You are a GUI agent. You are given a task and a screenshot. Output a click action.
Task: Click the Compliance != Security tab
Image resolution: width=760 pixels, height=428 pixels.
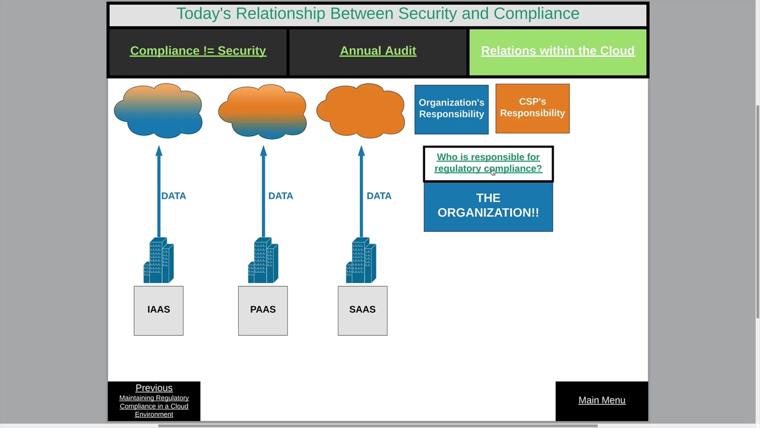[x=198, y=52]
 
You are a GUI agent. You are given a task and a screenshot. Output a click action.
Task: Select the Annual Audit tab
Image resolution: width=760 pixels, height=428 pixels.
[x=378, y=52]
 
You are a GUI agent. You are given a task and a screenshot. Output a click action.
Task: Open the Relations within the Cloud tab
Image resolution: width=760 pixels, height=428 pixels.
[x=558, y=52]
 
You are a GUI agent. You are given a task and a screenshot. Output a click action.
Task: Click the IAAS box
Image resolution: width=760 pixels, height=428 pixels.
[x=159, y=310]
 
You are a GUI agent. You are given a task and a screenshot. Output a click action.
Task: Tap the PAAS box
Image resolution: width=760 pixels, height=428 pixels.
[x=263, y=310]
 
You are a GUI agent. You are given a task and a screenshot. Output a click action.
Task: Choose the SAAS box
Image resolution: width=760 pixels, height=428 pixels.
[x=362, y=310]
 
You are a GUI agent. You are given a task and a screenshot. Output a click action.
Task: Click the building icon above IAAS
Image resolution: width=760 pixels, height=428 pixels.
[x=159, y=260]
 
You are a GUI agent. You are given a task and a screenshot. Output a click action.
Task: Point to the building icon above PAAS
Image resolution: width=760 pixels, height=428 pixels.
[x=263, y=260]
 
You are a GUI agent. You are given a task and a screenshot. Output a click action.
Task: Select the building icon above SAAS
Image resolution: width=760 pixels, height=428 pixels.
[x=361, y=260]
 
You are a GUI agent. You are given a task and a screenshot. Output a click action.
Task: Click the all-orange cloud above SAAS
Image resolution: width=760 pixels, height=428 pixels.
[x=360, y=111]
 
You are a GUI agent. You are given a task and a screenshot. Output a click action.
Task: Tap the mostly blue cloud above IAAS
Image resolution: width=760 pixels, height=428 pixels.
[x=158, y=111]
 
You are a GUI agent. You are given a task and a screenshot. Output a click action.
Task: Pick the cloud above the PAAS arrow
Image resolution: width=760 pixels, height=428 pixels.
[x=262, y=112]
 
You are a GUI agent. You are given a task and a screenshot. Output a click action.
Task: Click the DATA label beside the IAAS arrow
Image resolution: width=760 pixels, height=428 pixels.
[x=173, y=196]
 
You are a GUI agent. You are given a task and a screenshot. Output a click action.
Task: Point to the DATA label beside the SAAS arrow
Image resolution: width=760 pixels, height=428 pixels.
[x=379, y=196]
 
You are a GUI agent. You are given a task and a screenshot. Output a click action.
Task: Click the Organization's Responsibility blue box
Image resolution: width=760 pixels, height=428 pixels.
[x=451, y=109]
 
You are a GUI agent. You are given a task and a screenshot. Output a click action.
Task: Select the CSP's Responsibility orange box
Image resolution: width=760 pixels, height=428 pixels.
[x=533, y=109]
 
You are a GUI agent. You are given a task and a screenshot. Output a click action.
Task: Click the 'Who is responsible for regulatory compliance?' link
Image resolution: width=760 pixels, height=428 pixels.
[x=488, y=163]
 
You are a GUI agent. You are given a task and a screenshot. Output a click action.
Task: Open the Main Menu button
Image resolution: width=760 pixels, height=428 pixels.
[x=602, y=400]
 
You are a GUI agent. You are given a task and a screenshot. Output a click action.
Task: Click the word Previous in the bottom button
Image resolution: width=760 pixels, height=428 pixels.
[x=154, y=388]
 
